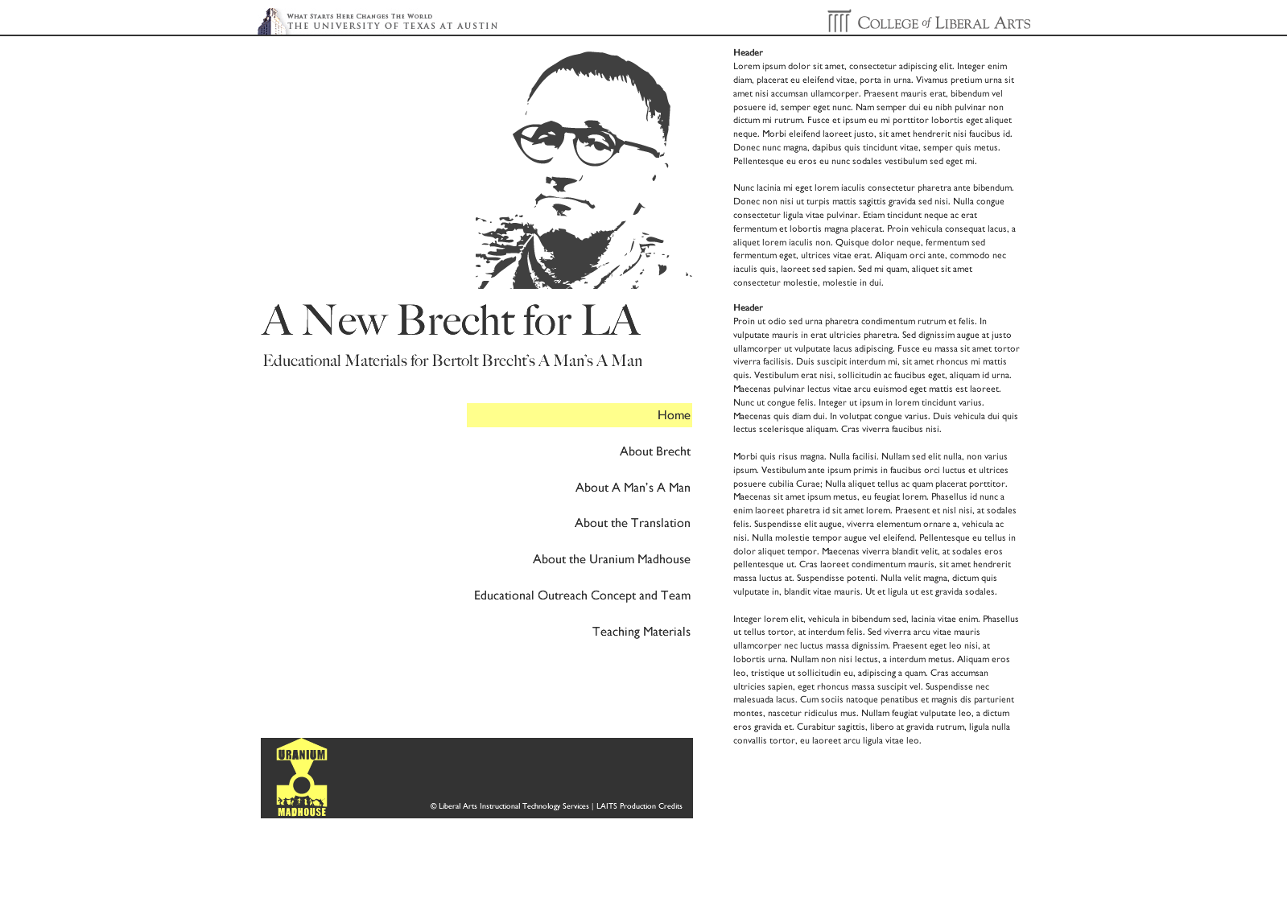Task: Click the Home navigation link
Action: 673,415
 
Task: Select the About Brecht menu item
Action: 654,451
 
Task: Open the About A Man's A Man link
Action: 633,488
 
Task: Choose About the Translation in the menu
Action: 632,523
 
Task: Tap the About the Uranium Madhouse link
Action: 611,559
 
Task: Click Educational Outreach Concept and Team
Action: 582,595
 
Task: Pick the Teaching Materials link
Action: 641,632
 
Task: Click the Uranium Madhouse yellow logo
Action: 302,777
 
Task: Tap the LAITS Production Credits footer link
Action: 639,806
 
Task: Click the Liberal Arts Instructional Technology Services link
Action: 514,806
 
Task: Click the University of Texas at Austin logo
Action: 378,22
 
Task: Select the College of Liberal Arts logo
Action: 929,22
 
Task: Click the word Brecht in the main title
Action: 455,320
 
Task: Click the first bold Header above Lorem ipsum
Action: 748,53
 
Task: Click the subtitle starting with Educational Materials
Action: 452,360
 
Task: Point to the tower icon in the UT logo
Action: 271,22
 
